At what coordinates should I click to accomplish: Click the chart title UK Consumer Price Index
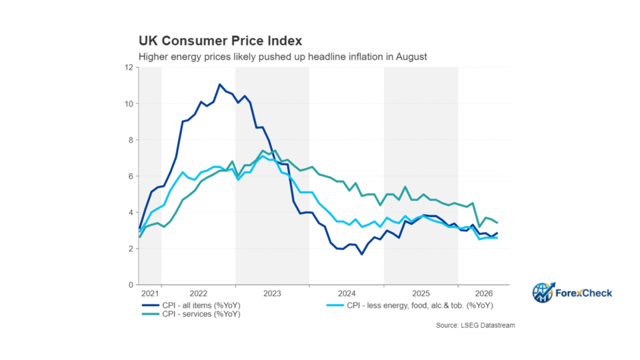pyautogui.click(x=221, y=41)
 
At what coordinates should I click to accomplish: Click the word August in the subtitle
pyautogui.click(x=411, y=57)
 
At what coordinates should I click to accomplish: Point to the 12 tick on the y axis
pyautogui.click(x=129, y=67)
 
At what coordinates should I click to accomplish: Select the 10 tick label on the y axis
pyautogui.click(x=129, y=104)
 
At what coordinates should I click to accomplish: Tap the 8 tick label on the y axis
pyautogui.click(x=131, y=140)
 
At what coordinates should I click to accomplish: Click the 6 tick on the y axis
pyautogui.click(x=131, y=176)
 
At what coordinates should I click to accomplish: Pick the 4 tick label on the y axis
pyautogui.click(x=131, y=212)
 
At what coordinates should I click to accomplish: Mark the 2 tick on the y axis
pyautogui.click(x=131, y=249)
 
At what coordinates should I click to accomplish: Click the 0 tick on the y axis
pyautogui.click(x=131, y=285)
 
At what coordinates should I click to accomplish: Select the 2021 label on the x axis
pyautogui.click(x=150, y=293)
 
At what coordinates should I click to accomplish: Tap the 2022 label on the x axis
pyautogui.click(x=199, y=293)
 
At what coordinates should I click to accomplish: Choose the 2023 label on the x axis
pyautogui.click(x=272, y=293)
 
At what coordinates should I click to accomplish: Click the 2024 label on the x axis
pyautogui.click(x=347, y=293)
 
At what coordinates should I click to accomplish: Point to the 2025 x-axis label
pyautogui.click(x=421, y=293)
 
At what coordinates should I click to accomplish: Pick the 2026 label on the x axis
pyautogui.click(x=484, y=293)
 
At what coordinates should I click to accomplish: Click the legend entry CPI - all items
pyautogui.click(x=191, y=305)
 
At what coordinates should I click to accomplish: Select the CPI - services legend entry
pyautogui.click(x=191, y=314)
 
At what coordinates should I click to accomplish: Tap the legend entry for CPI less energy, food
pyautogui.click(x=410, y=305)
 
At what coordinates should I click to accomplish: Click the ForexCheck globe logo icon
pyautogui.click(x=543, y=292)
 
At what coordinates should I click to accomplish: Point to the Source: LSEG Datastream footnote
pyautogui.click(x=475, y=325)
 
